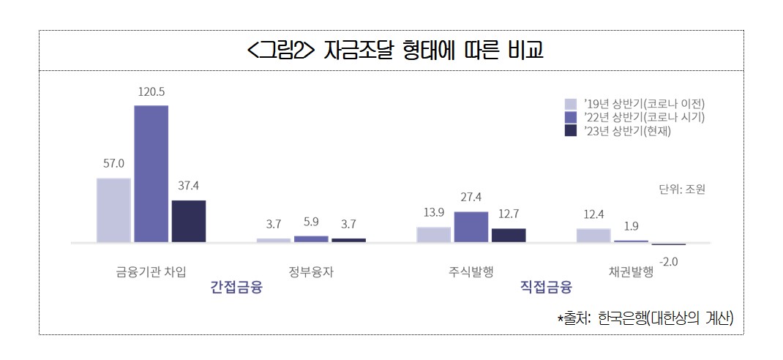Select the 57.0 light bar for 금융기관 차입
click(113, 210)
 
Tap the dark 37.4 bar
click(189, 220)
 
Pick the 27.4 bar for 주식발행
click(471, 226)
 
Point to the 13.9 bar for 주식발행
click(434, 234)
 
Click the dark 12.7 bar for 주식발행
click(509, 235)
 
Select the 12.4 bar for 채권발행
click(593, 235)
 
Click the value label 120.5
click(151, 92)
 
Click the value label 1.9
click(631, 225)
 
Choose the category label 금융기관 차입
click(151, 271)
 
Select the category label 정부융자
click(311, 271)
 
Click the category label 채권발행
click(631, 271)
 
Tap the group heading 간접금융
click(236, 287)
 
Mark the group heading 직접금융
click(546, 287)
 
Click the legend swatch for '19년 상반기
click(571, 103)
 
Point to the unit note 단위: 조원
click(682, 190)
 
